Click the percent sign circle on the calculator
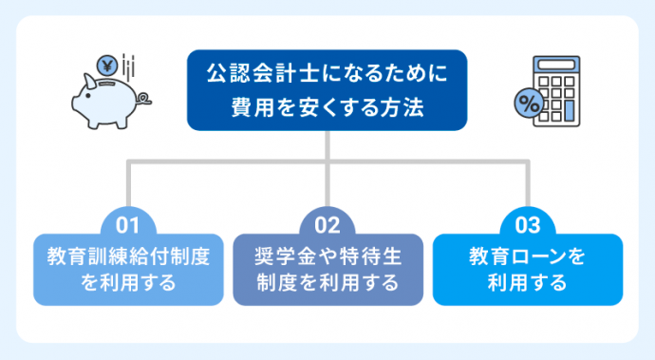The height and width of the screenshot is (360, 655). click(528, 104)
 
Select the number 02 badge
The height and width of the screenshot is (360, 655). click(327, 226)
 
